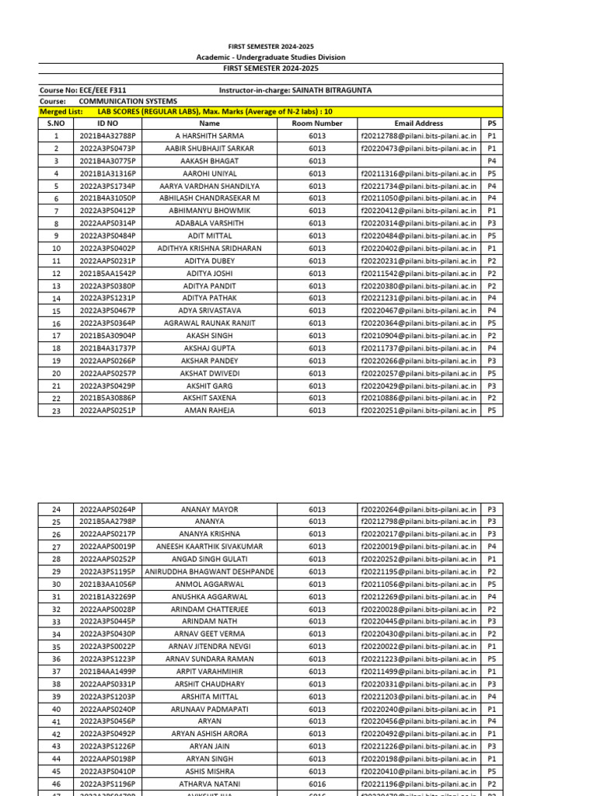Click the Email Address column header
pyautogui.click(x=418, y=124)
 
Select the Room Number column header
pyautogui.click(x=317, y=124)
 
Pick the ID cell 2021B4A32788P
pyautogui.click(x=107, y=136)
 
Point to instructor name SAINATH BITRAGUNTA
pyautogui.click(x=326, y=90)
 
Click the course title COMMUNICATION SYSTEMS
pyautogui.click(x=127, y=101)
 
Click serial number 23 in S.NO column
pyautogui.click(x=56, y=410)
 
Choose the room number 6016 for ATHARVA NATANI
pyautogui.click(x=317, y=784)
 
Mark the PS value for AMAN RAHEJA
pyautogui.click(x=492, y=410)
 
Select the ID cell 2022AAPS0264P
pyautogui.click(x=107, y=509)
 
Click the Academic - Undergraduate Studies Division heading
pyautogui.click(x=271, y=58)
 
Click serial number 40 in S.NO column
pyautogui.click(x=56, y=709)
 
